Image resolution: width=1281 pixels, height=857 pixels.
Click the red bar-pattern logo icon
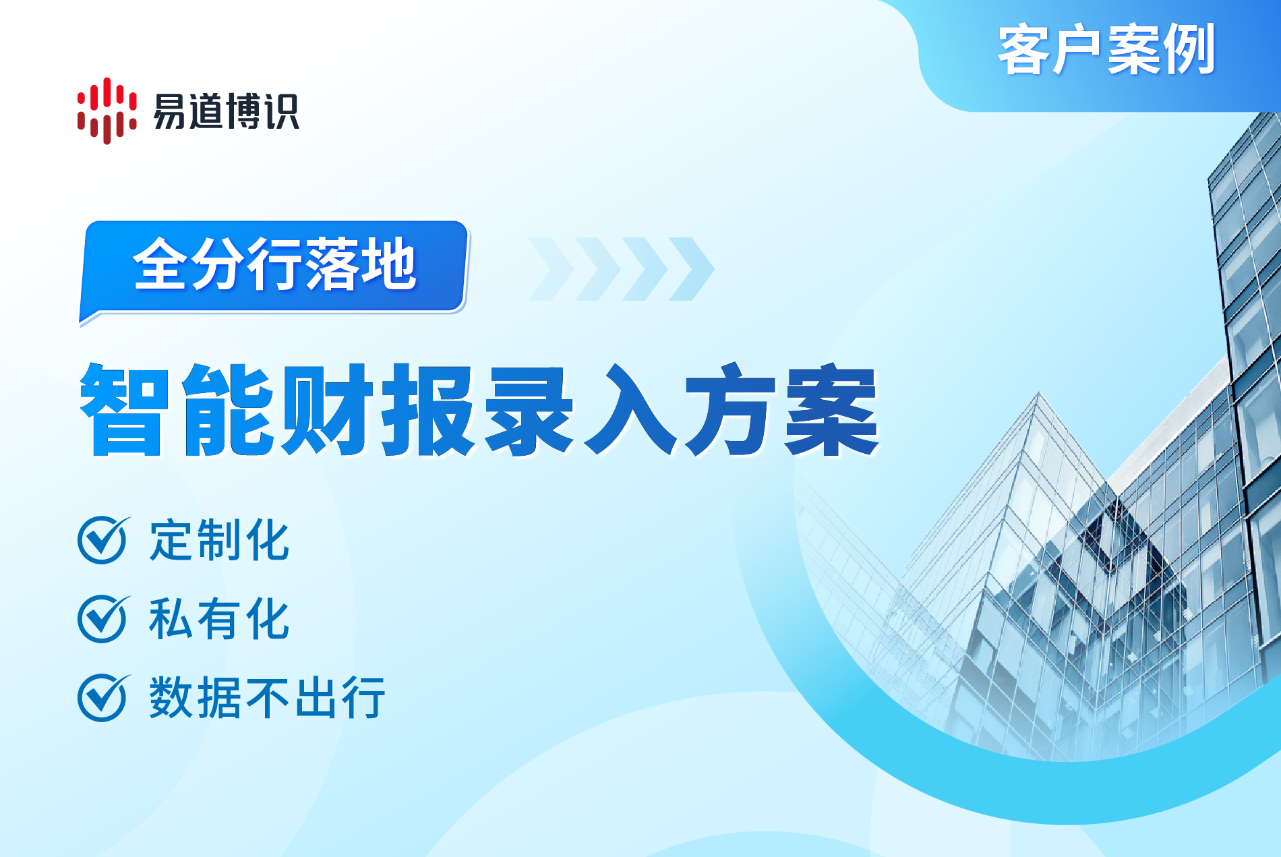pyautogui.click(x=107, y=111)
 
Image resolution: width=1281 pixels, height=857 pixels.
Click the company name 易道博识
pyautogui.click(x=226, y=111)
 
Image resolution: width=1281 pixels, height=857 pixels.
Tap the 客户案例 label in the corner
pyautogui.click(x=1106, y=50)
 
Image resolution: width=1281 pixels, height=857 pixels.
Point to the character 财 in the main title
pyautogui.click(x=326, y=409)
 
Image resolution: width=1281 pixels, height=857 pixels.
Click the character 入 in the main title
pyautogui.click(x=630, y=409)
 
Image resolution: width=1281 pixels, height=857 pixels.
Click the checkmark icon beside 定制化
pyautogui.click(x=103, y=539)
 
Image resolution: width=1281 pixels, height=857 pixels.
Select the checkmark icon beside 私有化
pyautogui.click(x=103, y=618)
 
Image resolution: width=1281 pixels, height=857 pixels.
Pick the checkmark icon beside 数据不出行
pyautogui.click(x=103, y=697)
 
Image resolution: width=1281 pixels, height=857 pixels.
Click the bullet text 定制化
pyautogui.click(x=219, y=540)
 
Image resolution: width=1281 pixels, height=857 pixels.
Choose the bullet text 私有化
pyautogui.click(x=219, y=619)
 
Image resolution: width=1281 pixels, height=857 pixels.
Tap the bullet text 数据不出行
pyautogui.click(x=267, y=698)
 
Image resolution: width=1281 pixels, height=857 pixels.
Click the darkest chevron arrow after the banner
pyautogui.click(x=692, y=268)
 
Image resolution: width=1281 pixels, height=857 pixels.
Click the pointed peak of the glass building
pyautogui.click(x=1038, y=392)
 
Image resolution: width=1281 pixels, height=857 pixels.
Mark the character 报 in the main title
pyautogui.click(x=427, y=409)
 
